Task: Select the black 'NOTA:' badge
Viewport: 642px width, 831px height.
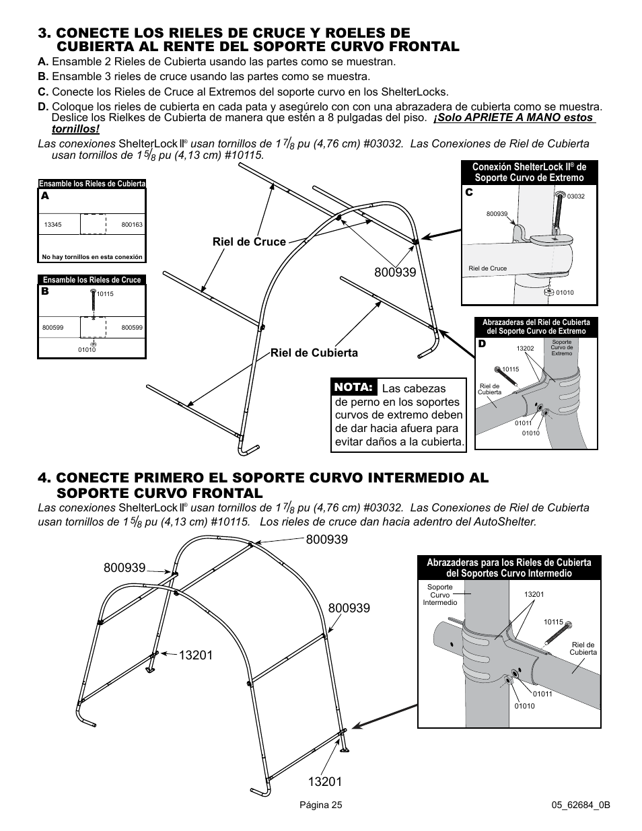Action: [x=353, y=388]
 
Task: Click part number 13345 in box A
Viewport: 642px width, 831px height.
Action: [x=52, y=225]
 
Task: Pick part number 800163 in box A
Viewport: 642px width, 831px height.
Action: [x=132, y=225]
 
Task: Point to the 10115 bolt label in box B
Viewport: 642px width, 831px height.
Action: [x=104, y=294]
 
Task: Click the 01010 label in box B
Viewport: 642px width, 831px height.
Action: [x=87, y=349]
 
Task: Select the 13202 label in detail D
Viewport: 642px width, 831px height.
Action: [x=525, y=348]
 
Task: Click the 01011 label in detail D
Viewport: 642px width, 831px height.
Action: [x=524, y=423]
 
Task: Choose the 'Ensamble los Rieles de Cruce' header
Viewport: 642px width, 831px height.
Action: [x=92, y=280]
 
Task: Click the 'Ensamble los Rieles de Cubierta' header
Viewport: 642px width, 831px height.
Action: [x=92, y=184]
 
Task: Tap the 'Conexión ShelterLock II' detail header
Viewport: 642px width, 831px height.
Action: [x=529, y=172]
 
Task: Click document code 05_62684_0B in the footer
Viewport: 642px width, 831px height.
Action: [x=580, y=805]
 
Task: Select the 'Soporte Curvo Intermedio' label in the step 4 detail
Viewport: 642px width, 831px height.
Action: [x=440, y=594]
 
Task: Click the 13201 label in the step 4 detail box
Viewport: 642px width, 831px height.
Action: [x=534, y=594]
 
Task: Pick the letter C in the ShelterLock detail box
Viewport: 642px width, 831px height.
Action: [x=469, y=192]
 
